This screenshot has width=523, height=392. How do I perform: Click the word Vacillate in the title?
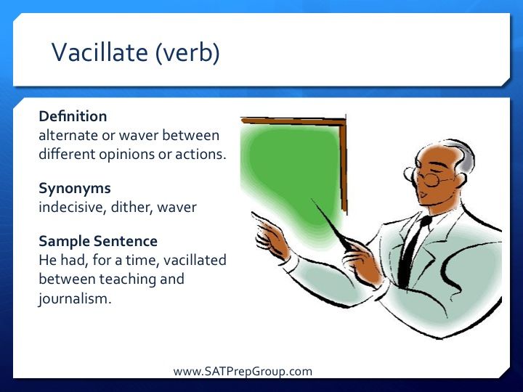[100, 52]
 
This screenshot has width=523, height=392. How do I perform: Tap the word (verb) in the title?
[187, 53]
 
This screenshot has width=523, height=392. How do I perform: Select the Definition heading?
[73, 116]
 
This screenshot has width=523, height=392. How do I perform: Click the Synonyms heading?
[75, 189]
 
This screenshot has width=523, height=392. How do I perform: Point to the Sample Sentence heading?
[98, 241]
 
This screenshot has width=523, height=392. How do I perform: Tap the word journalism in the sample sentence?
[75, 298]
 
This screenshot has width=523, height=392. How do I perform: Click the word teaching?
[128, 279]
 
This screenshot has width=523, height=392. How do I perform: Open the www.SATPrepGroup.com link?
[243, 372]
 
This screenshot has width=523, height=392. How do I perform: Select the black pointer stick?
[331, 224]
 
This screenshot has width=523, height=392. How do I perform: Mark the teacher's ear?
[461, 181]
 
